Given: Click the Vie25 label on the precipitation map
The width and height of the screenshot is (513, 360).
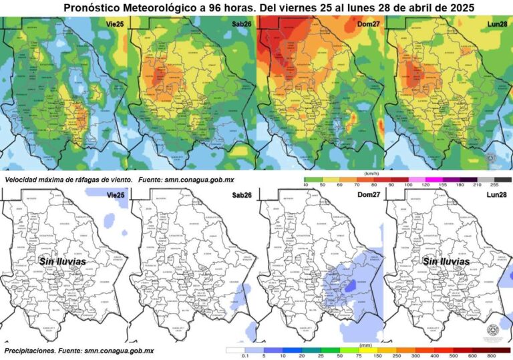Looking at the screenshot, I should [x=115, y=194].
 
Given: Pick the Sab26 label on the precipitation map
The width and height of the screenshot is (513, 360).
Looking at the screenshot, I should [x=242, y=194].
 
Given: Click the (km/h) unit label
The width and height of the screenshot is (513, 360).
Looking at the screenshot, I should [x=371, y=173].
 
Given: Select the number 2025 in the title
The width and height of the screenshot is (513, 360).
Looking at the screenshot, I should [x=458, y=7].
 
